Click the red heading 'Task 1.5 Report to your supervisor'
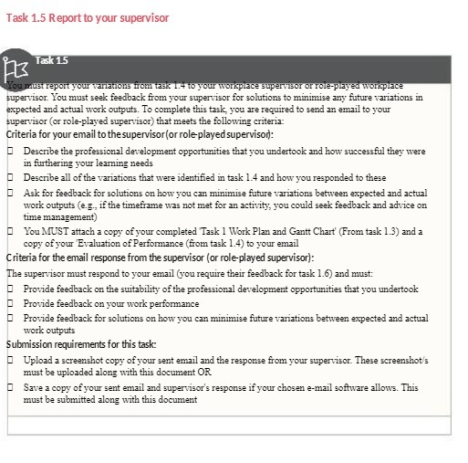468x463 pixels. [x=81, y=18]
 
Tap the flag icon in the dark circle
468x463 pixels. [x=17, y=68]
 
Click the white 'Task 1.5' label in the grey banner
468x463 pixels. [x=51, y=61]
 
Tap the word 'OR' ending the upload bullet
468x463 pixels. [x=209, y=372]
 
